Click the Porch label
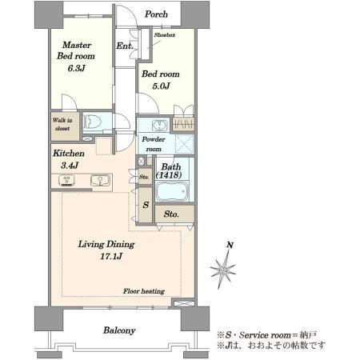[156, 14]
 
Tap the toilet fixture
[92, 122]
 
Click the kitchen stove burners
[66, 180]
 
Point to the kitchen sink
[100, 180]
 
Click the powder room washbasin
[159, 125]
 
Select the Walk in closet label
[62, 124]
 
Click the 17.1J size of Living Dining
[111, 256]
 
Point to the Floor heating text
[144, 291]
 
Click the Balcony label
[119, 330]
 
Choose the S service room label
[146, 205]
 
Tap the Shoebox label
[165, 35]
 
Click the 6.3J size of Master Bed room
[76, 68]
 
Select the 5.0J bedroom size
[161, 86]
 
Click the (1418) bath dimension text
[170, 175]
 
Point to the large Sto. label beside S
[171, 214]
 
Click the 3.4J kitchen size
[70, 166]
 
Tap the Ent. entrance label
[124, 46]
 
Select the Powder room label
[154, 144]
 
